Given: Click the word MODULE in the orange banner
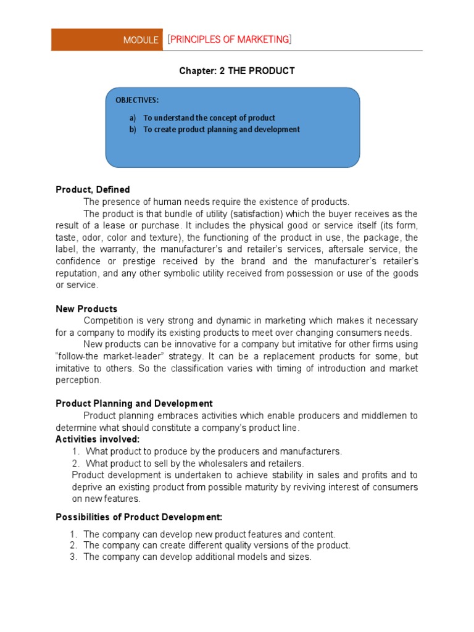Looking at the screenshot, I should pos(141,40).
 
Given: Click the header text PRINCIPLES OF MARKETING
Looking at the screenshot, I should pos(229,39).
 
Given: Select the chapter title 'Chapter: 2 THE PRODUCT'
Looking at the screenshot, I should pos(237,71).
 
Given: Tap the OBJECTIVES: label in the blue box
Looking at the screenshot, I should pos(137,100).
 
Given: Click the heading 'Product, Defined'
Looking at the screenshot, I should pos(93,189).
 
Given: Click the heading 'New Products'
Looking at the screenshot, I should pos(86,309).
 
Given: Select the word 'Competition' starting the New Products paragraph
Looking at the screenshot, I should pos(107,320).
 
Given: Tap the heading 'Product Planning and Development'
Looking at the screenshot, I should pos(134,403).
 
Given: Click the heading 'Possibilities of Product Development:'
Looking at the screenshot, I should pos(139,517).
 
